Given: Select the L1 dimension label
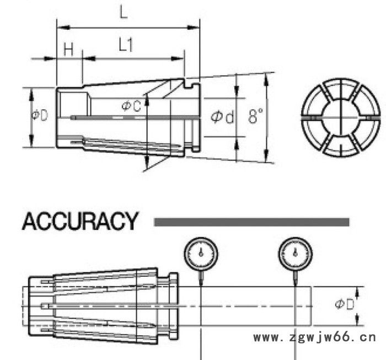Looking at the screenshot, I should (x=126, y=46).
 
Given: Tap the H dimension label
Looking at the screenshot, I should (x=68, y=50).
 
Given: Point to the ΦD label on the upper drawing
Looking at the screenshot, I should (x=39, y=115).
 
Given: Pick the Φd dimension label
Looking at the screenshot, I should (x=223, y=117).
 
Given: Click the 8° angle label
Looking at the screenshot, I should (x=255, y=116).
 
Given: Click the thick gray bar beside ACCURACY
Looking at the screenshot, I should (x=251, y=222).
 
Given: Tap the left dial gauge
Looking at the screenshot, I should (x=201, y=254).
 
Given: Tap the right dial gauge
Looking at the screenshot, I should (x=295, y=254).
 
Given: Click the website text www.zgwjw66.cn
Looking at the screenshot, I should (x=314, y=337).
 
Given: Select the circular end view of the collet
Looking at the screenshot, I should (x=341, y=119).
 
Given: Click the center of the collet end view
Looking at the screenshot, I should (x=341, y=119).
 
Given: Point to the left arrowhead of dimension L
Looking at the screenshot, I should (x=60, y=26).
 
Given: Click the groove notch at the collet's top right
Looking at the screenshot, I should (x=191, y=84).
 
